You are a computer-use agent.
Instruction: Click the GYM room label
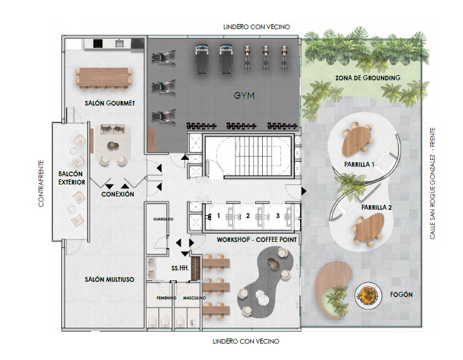coord(244,96)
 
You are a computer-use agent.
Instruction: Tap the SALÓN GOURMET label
coord(110,104)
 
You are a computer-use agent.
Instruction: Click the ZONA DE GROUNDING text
coord(368,78)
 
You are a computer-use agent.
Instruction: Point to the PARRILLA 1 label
coord(357,164)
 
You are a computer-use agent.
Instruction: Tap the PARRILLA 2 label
coord(376,208)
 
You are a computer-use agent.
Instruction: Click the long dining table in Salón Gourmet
coord(104,78)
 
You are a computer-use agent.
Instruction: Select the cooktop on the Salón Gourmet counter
coord(98,44)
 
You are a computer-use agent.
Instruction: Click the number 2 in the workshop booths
coord(248,216)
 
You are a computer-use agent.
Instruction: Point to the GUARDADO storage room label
coord(163,219)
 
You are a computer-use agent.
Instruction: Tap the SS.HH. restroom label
coord(180,268)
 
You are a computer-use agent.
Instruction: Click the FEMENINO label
coord(166,298)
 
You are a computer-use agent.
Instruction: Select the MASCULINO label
coord(194,298)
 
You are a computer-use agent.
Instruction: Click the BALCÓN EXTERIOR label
coord(71,178)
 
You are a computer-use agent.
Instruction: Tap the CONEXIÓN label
coord(117,195)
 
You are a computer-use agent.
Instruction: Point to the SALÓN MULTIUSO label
coord(109,279)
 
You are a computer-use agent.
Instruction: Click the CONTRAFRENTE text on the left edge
coord(41,183)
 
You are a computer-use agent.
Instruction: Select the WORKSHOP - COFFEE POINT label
coord(256,239)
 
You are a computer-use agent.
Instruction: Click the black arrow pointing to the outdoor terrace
coord(304,191)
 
